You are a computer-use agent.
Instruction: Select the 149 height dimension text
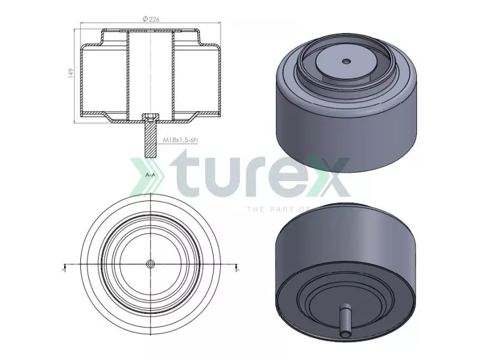pyautogui.click(x=71, y=73)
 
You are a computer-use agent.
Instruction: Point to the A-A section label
pyautogui.click(x=151, y=174)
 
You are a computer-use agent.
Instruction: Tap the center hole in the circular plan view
pyautogui.click(x=150, y=264)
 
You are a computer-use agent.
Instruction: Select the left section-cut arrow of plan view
pyautogui.click(x=64, y=268)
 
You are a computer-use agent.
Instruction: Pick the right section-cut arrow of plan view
pyautogui.click(x=237, y=268)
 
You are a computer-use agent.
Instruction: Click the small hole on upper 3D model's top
pyautogui.click(x=346, y=61)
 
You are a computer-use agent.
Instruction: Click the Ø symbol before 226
pyautogui.click(x=145, y=20)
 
